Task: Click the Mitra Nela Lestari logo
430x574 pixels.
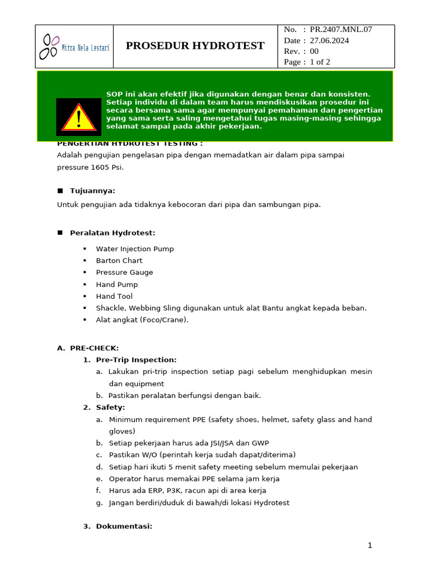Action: coord(74,47)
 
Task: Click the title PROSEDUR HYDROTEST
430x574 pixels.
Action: coord(195,46)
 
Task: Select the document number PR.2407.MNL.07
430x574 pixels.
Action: coord(341,30)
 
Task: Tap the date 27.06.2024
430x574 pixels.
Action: coord(329,40)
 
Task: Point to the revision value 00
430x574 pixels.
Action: coord(314,51)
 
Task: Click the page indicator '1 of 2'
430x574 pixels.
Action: coord(320,62)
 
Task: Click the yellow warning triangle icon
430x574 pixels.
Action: coord(78,117)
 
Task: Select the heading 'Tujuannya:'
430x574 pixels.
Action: coord(92,191)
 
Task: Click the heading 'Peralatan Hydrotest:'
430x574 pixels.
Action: coord(113,233)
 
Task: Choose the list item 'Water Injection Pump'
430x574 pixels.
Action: coord(135,249)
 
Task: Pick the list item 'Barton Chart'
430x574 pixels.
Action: coord(119,261)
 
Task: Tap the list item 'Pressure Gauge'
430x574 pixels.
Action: coord(124,272)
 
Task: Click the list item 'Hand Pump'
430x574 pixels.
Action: coord(116,285)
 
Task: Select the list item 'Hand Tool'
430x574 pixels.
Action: coord(114,297)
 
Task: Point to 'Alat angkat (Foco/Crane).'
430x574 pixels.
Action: coord(142,320)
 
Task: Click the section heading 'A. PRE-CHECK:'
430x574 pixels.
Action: coord(88,348)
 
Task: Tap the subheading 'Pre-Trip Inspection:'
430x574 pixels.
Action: coord(136,360)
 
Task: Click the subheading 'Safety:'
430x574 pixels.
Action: coord(110,408)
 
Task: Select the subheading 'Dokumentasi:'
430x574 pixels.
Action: coord(124,526)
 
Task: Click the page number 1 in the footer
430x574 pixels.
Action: coord(370,545)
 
